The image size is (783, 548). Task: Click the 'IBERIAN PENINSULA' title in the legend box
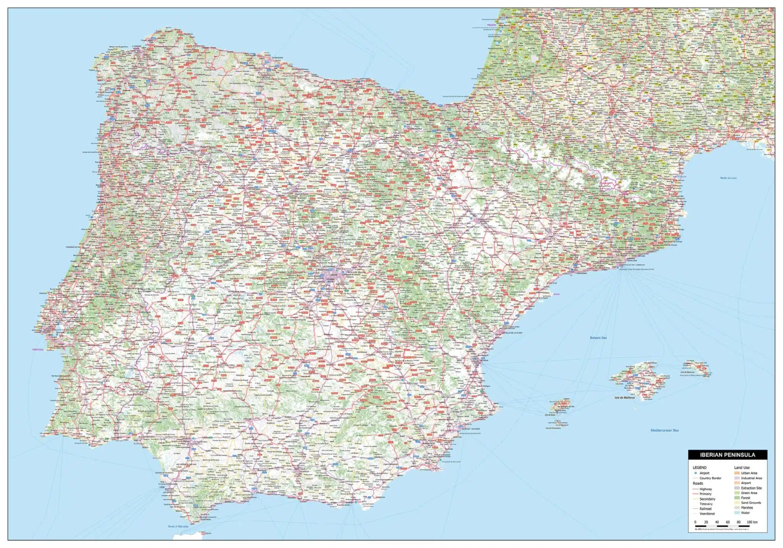(727, 455)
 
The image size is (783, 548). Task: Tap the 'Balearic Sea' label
(598, 338)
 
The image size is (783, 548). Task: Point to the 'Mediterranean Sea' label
(664, 430)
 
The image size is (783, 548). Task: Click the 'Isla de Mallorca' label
(624, 398)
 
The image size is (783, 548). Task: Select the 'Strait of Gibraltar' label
(178, 526)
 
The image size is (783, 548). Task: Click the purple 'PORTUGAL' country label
(38, 350)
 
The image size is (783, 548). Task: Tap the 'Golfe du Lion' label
(728, 178)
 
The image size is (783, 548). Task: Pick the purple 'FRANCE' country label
(491, 25)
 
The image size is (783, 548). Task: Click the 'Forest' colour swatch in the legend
(737, 498)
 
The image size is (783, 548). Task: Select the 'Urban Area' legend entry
(749, 473)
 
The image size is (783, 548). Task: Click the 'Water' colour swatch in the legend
(737, 513)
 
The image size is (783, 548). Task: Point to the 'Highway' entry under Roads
(705, 489)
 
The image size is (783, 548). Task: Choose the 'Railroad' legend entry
(705, 509)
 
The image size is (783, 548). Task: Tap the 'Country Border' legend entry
(710, 478)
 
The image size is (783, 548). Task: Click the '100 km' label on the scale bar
(752, 522)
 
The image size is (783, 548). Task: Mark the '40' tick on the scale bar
(716, 522)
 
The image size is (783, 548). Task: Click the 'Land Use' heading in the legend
(742, 467)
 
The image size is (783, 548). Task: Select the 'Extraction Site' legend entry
(751, 488)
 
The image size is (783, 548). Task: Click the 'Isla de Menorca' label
(687, 372)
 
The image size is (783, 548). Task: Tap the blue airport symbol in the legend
(695, 473)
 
